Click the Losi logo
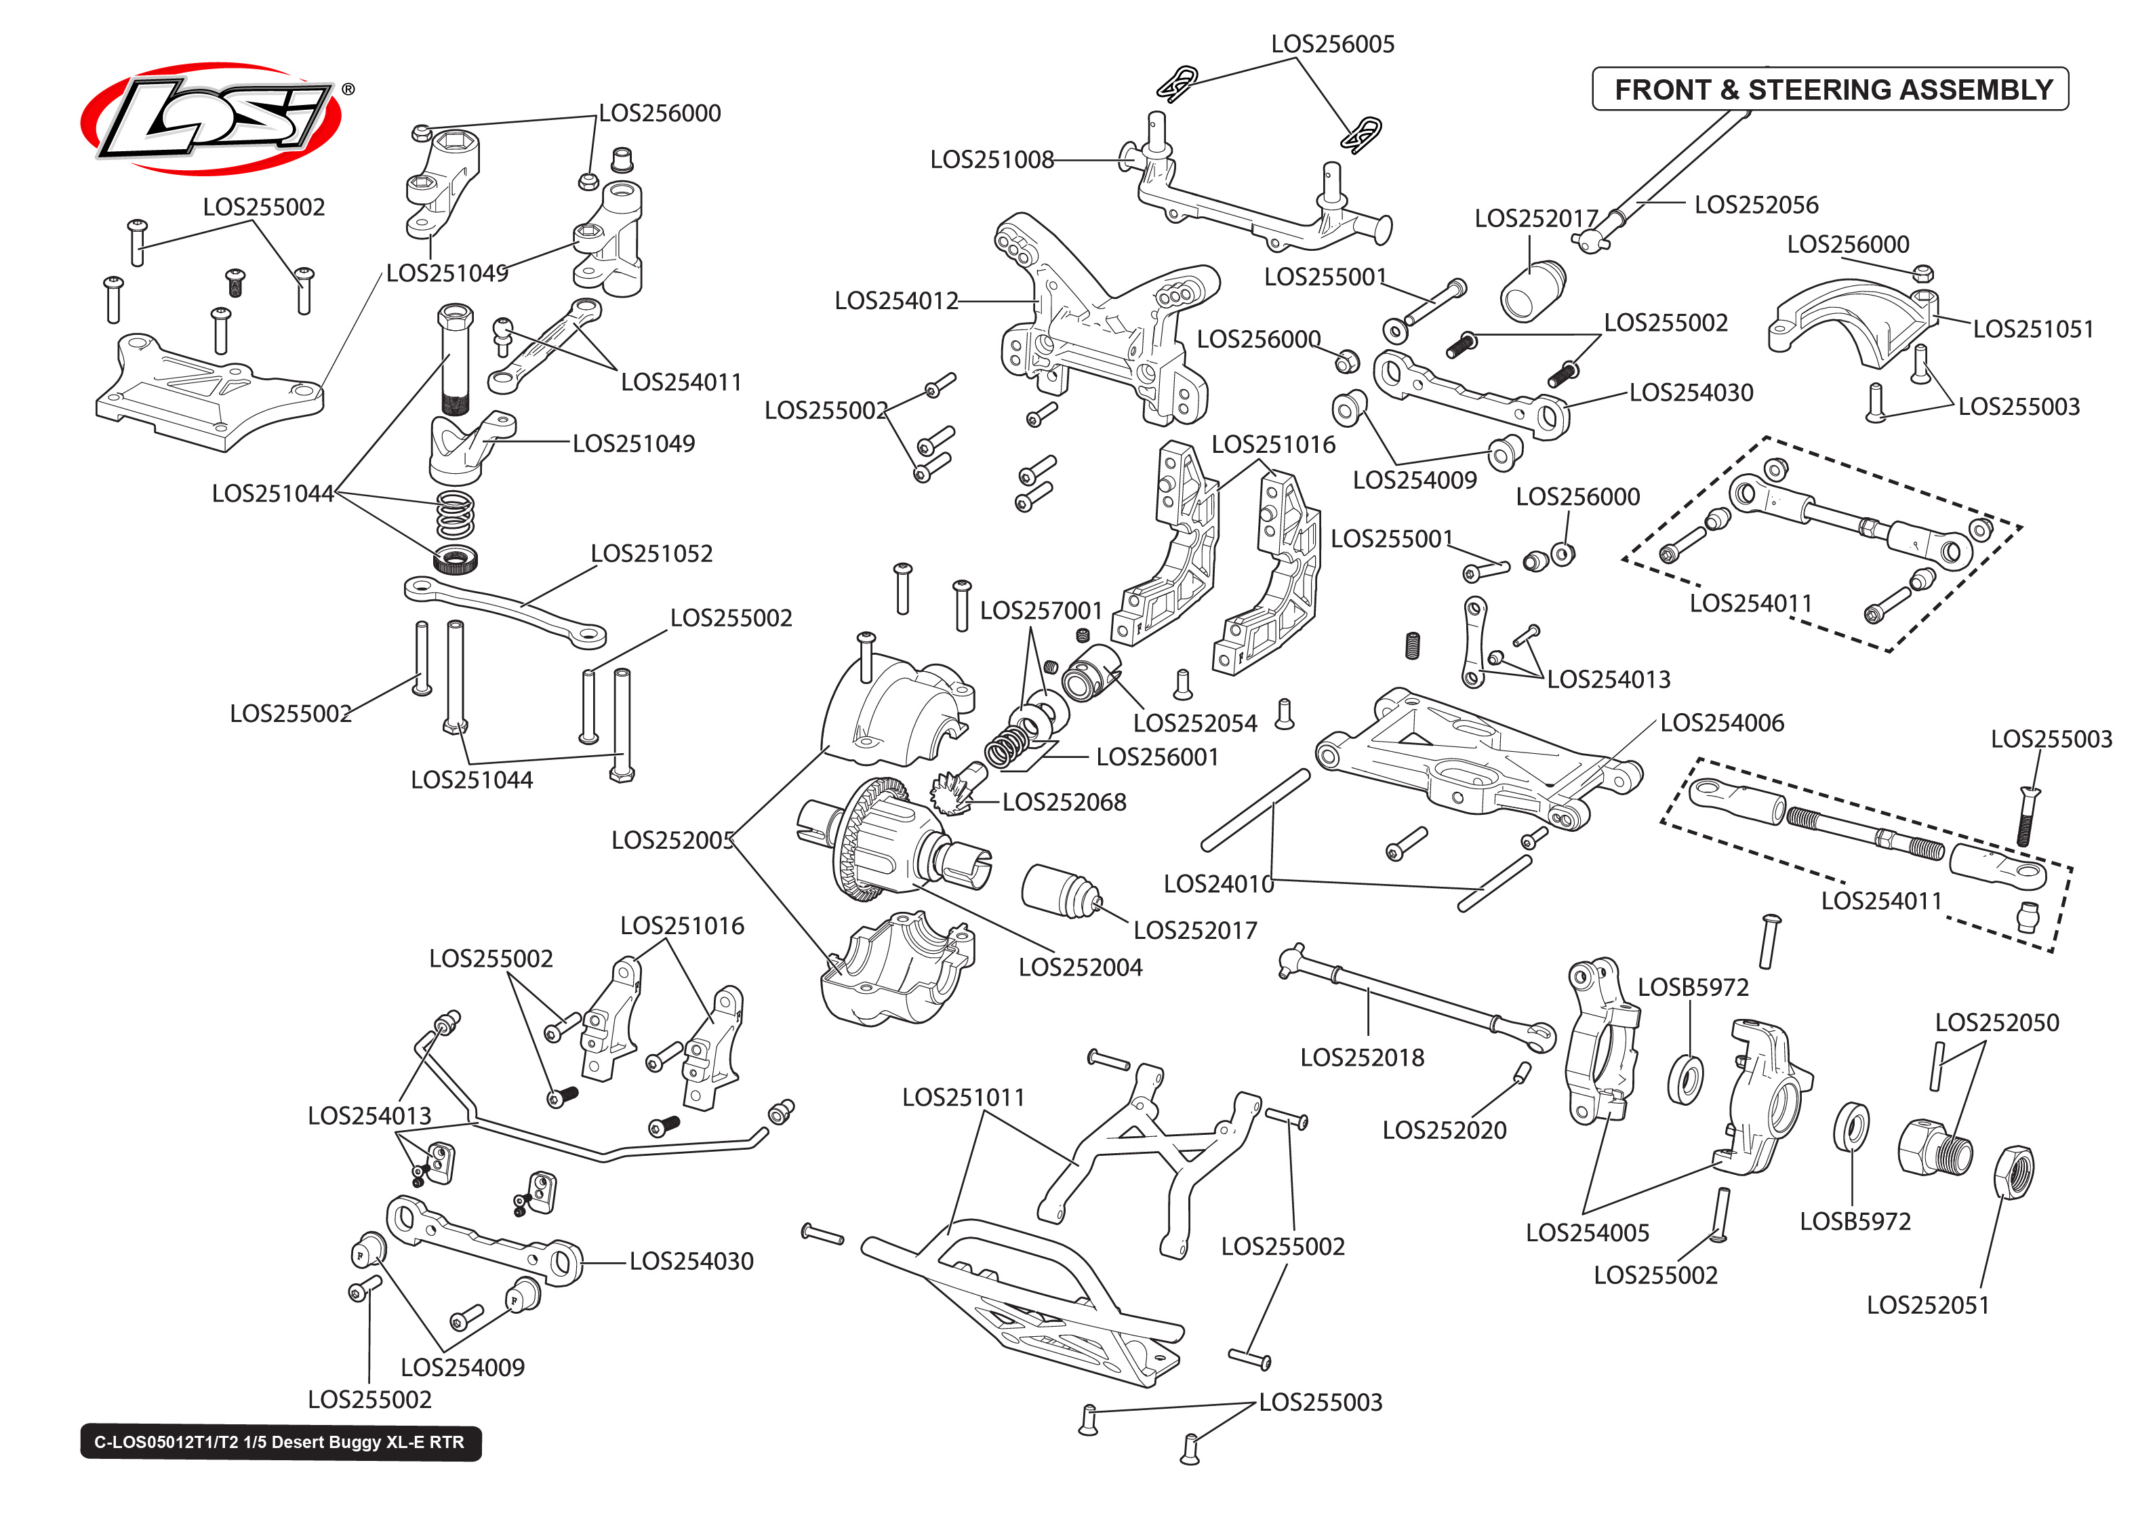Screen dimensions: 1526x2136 tap(211, 119)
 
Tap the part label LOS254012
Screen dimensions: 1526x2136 tap(895, 301)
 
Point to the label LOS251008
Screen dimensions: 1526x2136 tap(991, 160)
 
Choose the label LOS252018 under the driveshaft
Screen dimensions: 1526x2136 tap(1361, 1058)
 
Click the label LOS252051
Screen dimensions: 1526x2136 tap(1927, 1305)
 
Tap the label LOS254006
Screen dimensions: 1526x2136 tap(1721, 723)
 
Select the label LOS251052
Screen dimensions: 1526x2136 tap(651, 553)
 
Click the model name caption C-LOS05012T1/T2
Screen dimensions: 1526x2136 tap(280, 1443)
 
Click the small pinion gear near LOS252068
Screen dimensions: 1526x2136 tap(956, 789)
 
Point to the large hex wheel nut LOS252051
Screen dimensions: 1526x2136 tap(2012, 1171)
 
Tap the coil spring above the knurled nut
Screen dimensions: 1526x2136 tap(455, 515)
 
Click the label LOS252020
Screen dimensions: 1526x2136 tap(1444, 1130)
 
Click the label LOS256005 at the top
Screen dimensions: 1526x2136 tap(1332, 44)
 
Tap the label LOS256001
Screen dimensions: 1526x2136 tap(1156, 757)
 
